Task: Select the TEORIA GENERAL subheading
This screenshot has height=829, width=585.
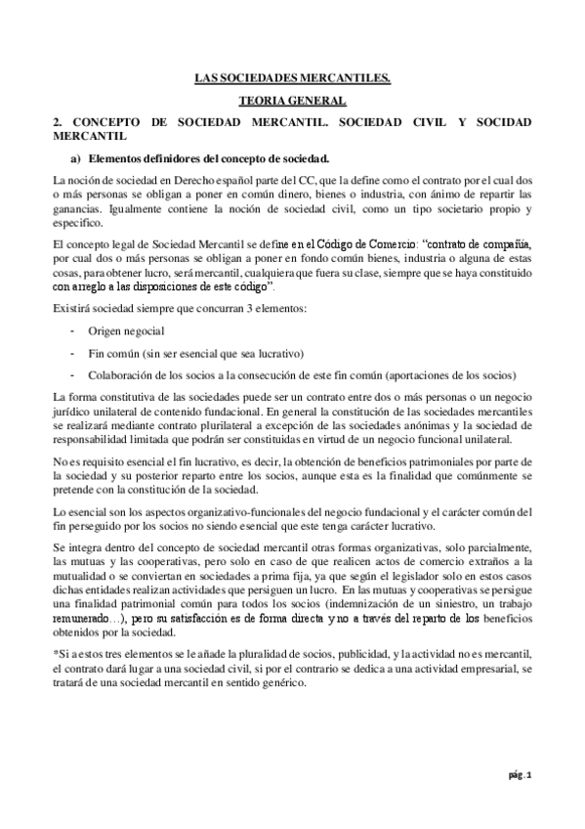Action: (x=292, y=101)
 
